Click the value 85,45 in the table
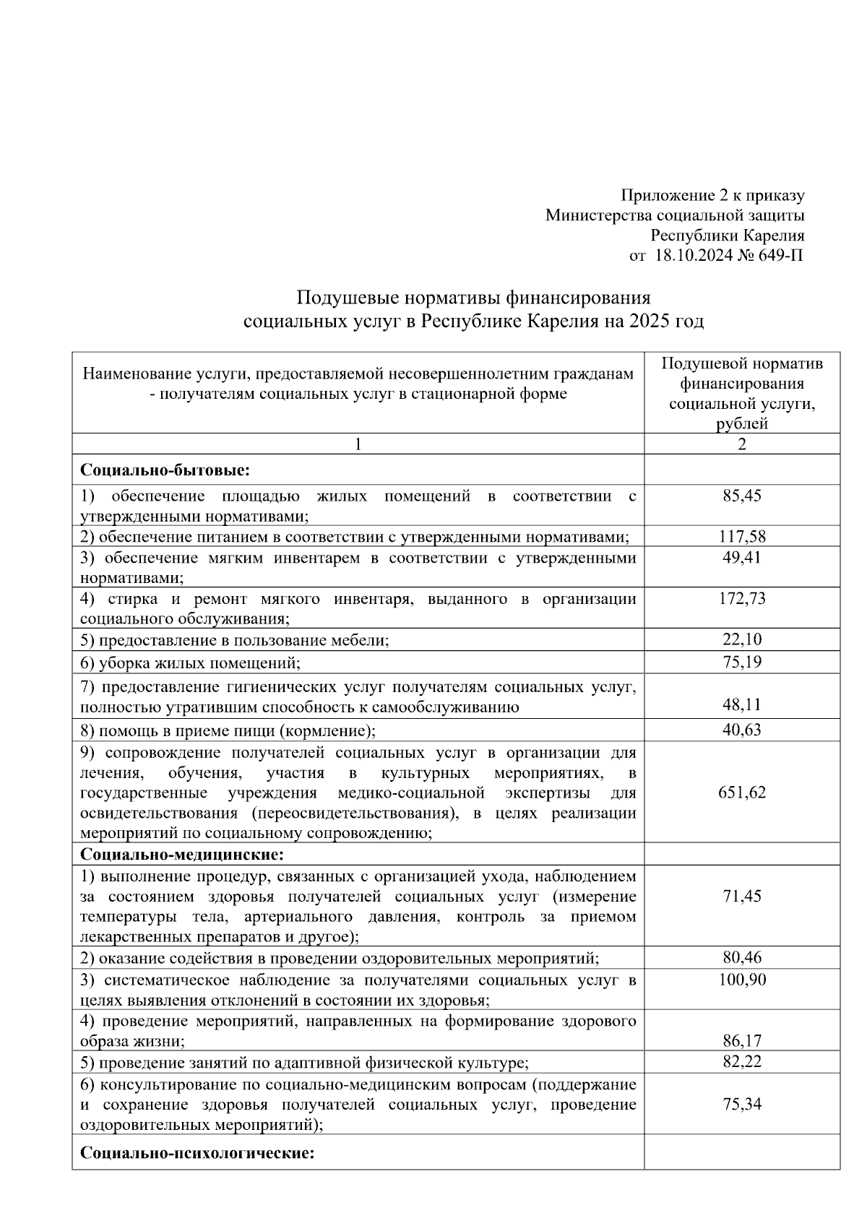pos(742,496)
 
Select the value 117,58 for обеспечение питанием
pos(742,536)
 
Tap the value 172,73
pos(742,598)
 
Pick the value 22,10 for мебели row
pos(742,639)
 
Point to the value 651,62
pos(742,792)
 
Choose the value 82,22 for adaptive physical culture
pos(742,1061)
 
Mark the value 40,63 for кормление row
pos(742,730)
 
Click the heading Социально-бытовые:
pos(165,470)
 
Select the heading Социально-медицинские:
pos(181,855)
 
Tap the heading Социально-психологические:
pos(197,1152)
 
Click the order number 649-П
pos(780,255)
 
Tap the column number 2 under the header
pos(742,444)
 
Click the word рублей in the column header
pos(742,424)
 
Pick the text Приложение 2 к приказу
pos(712,195)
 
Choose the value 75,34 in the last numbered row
pos(742,1103)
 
